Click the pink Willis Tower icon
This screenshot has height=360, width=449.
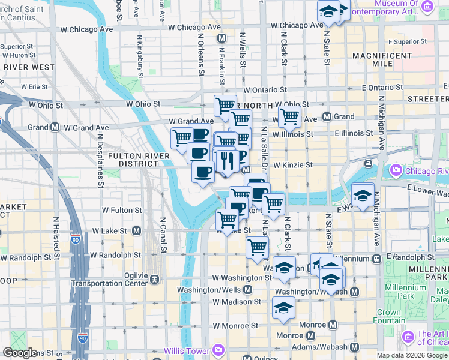tap(218, 349)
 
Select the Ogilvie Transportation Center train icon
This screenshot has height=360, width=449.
tap(155, 278)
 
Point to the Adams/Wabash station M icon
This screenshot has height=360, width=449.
tap(354, 347)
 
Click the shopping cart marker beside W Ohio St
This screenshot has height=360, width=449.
tap(226, 106)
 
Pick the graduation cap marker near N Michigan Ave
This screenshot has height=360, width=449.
tap(363, 195)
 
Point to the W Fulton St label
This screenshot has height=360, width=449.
tap(122, 211)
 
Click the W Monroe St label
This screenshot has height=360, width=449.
tap(236, 326)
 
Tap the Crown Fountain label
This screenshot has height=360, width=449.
tap(388, 316)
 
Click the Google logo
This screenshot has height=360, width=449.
tap(20, 352)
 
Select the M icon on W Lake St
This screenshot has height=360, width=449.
tap(136, 230)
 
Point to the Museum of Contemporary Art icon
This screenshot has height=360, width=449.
tap(427, 7)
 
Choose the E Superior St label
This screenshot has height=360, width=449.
tap(407, 42)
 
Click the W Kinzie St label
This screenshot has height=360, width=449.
tap(293, 164)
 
